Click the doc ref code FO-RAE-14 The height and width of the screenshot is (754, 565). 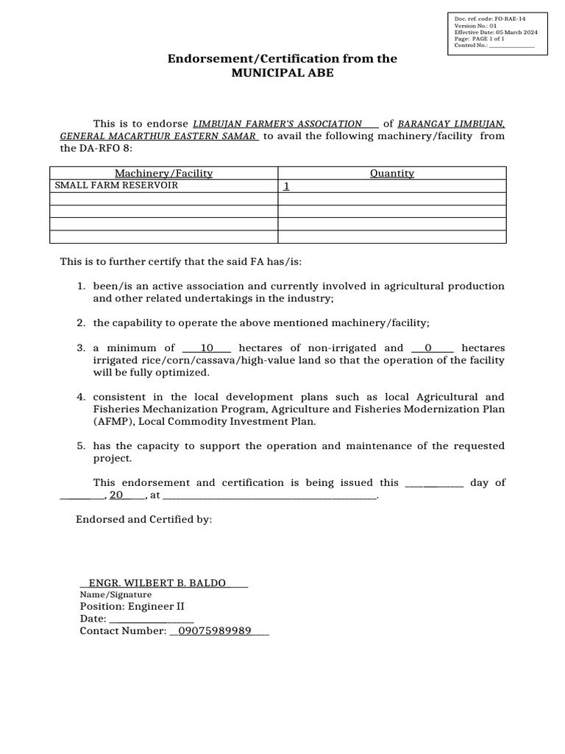pos(510,18)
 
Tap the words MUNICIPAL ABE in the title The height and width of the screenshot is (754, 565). pos(282,74)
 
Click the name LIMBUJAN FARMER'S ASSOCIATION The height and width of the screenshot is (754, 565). pos(277,124)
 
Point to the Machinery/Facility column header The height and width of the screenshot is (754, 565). pos(163,173)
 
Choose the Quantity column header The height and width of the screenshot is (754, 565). pos(391,173)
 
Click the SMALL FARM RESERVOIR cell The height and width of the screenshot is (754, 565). pos(114,186)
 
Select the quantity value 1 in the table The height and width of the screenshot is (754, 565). pos(287,187)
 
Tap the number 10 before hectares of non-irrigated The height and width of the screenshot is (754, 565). pos(207,348)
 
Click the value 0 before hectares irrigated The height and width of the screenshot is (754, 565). pos(428,348)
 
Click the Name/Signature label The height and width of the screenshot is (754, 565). pos(116,594)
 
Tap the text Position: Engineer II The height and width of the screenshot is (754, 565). pos(132,607)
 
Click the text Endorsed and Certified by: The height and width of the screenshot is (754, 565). pos(144,519)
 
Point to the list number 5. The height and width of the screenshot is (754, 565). pos(82,445)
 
